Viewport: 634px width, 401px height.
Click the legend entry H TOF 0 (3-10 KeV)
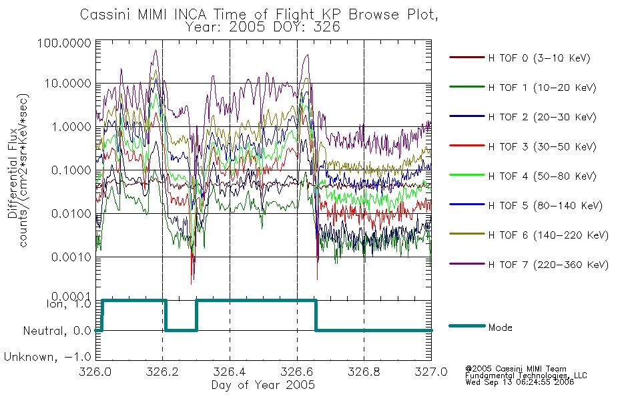pyautogui.click(x=539, y=58)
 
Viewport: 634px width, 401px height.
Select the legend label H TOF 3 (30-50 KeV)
pyautogui.click(x=542, y=146)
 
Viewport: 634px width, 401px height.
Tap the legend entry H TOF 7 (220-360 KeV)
pyautogui.click(x=548, y=265)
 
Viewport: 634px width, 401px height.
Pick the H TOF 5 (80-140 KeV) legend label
pyautogui.click(x=545, y=206)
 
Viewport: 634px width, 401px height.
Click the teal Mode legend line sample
pyautogui.click(x=467, y=325)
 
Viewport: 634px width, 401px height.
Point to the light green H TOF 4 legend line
pyautogui.click(x=467, y=175)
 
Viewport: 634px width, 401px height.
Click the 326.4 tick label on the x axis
pyautogui.click(x=230, y=372)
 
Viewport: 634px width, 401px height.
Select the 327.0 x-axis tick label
pyautogui.click(x=431, y=372)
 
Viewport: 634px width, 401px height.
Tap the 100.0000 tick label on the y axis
pyautogui.click(x=64, y=43)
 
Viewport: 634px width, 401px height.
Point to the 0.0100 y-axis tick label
pyautogui.click(x=71, y=213)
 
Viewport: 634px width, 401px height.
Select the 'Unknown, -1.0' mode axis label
pyautogui.click(x=47, y=357)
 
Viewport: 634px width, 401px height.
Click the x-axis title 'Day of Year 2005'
pyautogui.click(x=263, y=385)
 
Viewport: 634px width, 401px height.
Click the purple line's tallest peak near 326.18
pyautogui.click(x=155, y=50)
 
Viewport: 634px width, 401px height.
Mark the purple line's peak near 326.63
pyautogui.click(x=307, y=55)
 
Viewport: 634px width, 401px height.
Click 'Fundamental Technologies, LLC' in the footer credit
pyautogui.click(x=526, y=376)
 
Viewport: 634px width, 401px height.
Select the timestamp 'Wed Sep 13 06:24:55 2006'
pyautogui.click(x=520, y=382)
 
